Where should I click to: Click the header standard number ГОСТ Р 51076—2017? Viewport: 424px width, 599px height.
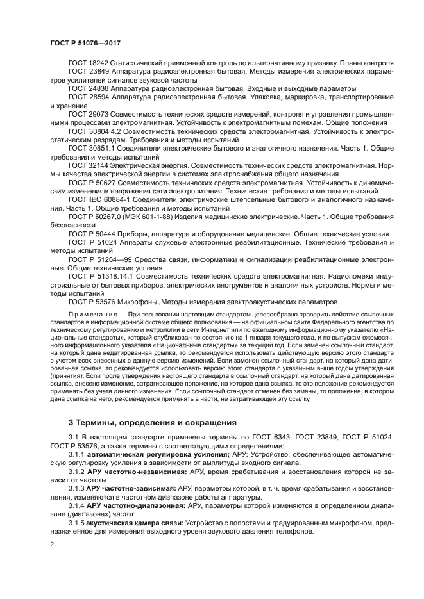(85, 42)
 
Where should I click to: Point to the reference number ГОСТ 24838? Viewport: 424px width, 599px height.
(89, 88)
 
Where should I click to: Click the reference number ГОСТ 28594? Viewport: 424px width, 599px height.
(89, 97)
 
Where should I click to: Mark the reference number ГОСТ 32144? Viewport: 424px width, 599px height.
(89, 165)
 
